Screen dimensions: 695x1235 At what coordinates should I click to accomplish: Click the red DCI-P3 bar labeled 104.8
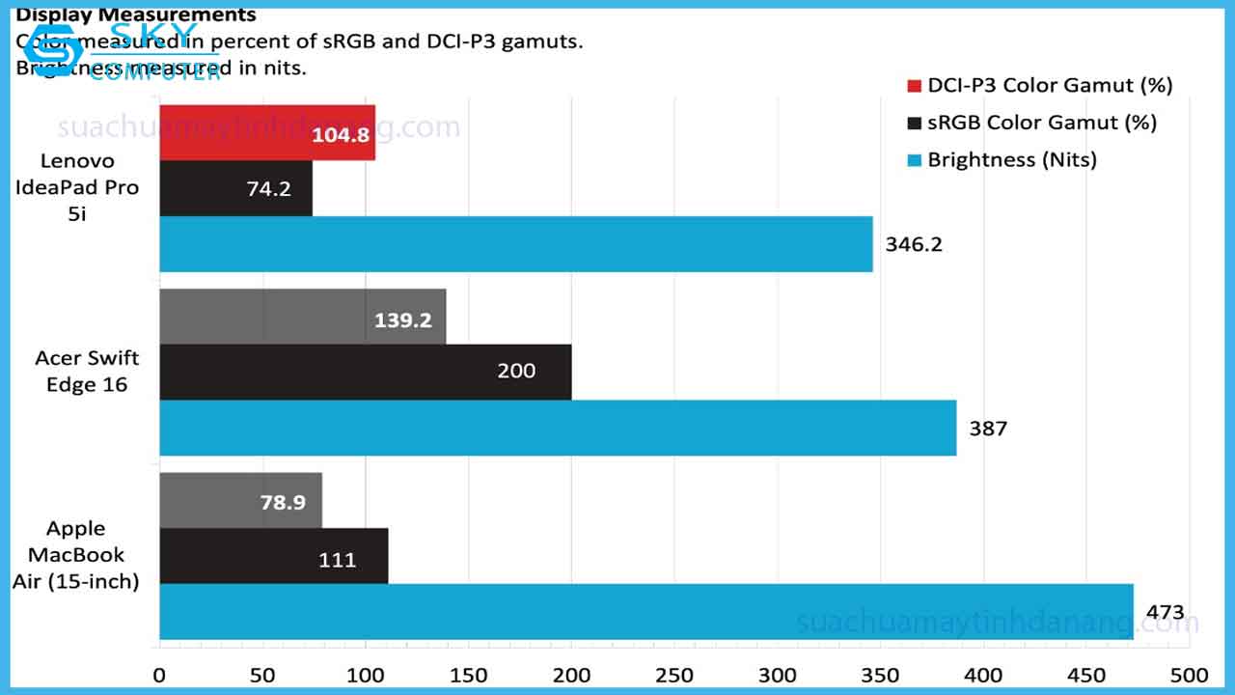click(266, 133)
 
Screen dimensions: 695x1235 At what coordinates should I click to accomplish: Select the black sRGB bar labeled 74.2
click(235, 188)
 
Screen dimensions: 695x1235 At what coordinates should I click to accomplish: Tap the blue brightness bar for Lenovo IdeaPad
click(515, 244)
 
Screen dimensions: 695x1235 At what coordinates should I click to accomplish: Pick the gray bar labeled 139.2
click(302, 317)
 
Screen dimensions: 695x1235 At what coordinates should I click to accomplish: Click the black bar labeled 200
click(365, 372)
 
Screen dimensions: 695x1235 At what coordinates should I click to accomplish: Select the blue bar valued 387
click(558, 428)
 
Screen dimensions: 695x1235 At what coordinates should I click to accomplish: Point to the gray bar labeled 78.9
click(240, 501)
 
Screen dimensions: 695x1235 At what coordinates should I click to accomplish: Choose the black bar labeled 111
click(273, 556)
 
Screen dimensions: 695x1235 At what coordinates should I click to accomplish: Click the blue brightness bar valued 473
click(645, 611)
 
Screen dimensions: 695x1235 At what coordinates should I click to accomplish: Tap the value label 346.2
click(914, 244)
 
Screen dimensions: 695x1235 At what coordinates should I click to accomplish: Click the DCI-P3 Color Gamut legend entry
click(1040, 85)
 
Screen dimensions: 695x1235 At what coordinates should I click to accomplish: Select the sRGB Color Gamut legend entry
click(1032, 123)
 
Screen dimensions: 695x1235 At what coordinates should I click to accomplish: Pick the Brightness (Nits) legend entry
click(1002, 159)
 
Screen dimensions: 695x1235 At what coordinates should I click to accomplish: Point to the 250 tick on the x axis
click(674, 674)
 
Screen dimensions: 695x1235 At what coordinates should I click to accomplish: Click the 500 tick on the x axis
click(1189, 674)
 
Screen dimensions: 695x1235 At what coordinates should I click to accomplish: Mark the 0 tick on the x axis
click(159, 674)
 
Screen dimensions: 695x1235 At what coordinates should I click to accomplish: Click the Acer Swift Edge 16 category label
click(87, 371)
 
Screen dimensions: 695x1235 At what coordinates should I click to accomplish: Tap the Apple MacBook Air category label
click(76, 555)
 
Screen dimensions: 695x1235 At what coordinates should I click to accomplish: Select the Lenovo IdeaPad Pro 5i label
click(77, 187)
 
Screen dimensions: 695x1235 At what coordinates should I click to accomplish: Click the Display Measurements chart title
click(136, 14)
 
